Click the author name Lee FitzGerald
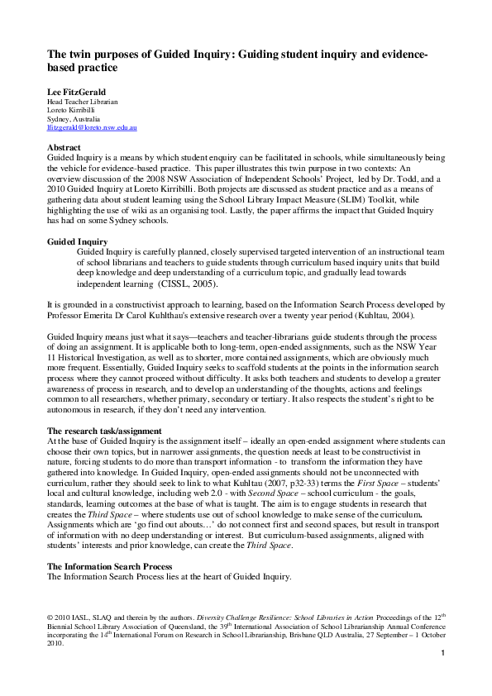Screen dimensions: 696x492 pyautogui.click(x=76, y=90)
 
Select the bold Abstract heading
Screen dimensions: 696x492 pyautogui.click(x=64, y=147)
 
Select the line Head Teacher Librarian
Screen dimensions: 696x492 pyautogui.click(x=82, y=102)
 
